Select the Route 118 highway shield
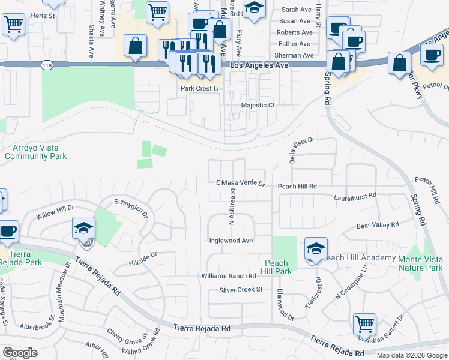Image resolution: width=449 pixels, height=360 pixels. point(46,64)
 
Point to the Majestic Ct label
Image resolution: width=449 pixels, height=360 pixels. point(258,105)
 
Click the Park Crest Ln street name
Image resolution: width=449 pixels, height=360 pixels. point(201,88)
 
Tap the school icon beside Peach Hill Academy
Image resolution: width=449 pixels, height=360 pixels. point(316,248)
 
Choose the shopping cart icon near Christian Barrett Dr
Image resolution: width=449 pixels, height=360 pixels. point(364,325)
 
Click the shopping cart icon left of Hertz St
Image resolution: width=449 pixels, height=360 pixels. point(13,25)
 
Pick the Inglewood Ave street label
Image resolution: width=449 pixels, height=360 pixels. point(231,241)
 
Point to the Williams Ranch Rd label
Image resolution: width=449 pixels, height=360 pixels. point(229,276)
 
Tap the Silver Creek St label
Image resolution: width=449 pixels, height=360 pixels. point(241,289)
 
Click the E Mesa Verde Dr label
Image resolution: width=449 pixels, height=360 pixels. point(240,182)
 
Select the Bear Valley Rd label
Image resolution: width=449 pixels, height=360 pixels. point(378,226)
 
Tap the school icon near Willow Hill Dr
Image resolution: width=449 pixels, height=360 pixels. point(84,229)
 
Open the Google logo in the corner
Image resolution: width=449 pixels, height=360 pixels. point(20,353)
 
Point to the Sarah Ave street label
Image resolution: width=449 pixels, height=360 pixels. point(297,10)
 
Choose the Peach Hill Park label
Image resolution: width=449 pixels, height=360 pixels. point(277,267)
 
